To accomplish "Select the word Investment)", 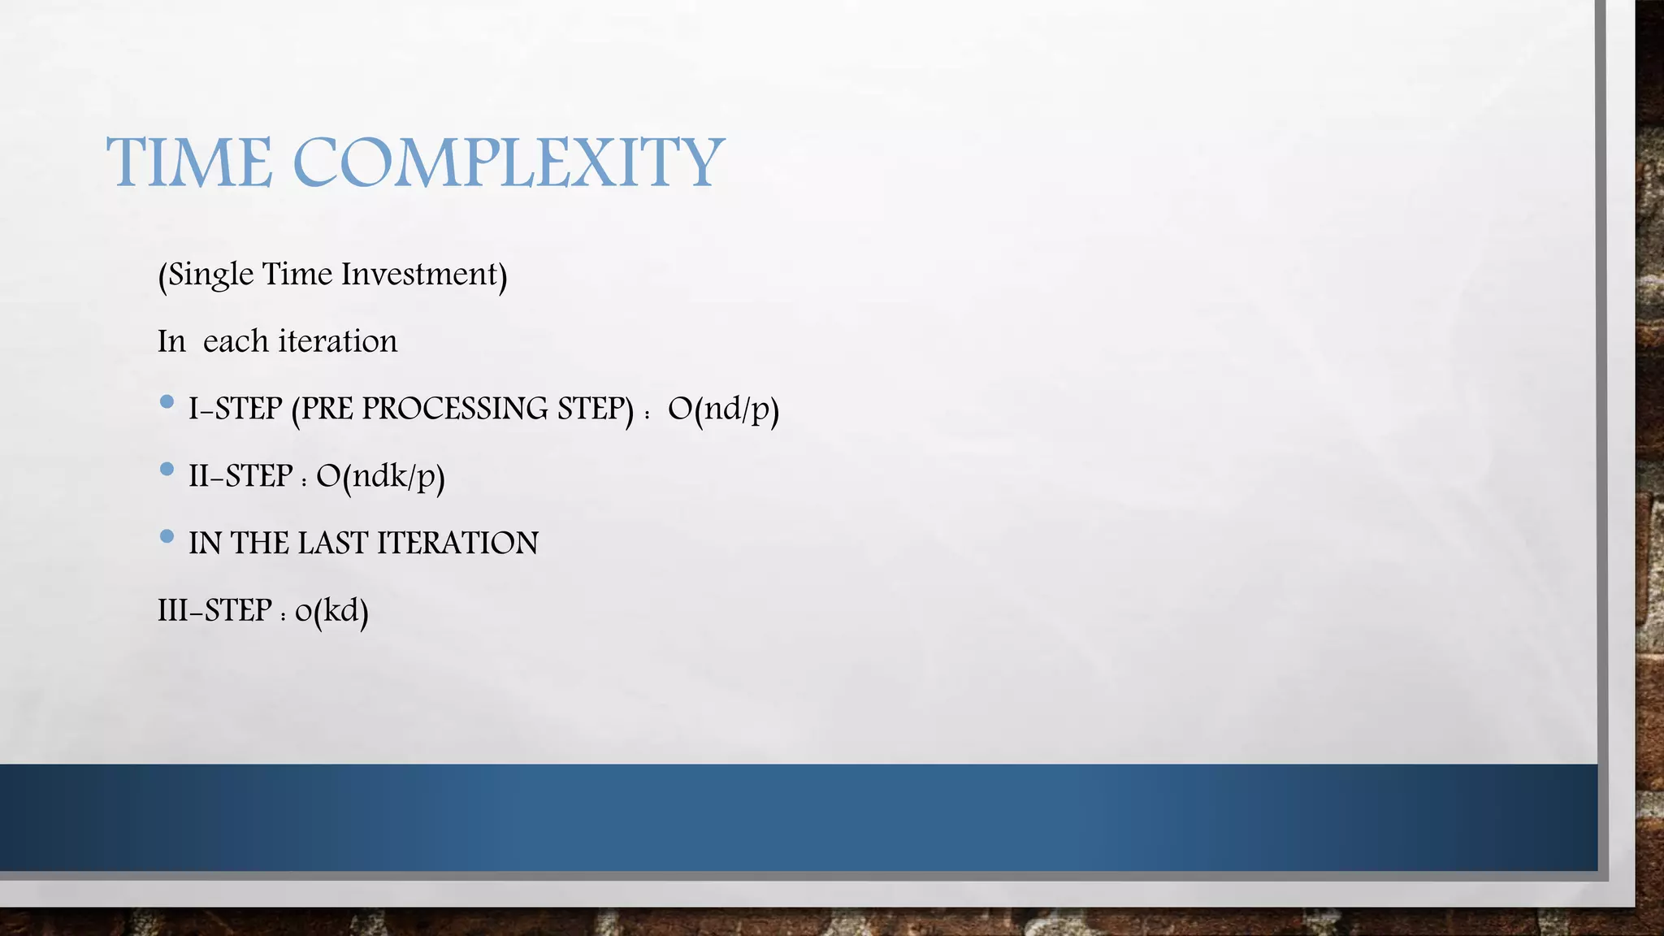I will pos(424,275).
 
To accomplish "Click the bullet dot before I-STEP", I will pos(167,401).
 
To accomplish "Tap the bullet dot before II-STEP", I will pos(167,469).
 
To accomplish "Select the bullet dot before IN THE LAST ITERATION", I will pos(167,536).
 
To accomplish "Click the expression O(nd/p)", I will pos(723,409).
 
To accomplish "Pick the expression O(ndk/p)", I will pos(380,476).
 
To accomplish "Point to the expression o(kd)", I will pos(331,611).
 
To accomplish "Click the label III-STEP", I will pos(214,610).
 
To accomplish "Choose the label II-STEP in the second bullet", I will pos(240,476).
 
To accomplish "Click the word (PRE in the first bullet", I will pos(323,409).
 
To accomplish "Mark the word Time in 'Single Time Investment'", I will pos(297,275).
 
